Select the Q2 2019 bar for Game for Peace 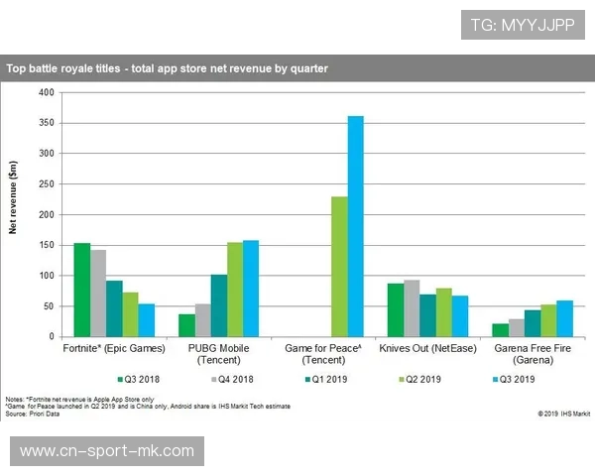pyautogui.click(x=339, y=267)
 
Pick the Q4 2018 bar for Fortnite pyautogui.click(x=98, y=294)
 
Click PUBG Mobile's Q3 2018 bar pyautogui.click(x=186, y=325)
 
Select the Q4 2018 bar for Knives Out pyautogui.click(x=412, y=308)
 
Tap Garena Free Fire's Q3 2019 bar pyautogui.click(x=564, y=318)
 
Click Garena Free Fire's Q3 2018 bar pyautogui.click(x=501, y=330)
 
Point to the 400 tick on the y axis pyautogui.click(x=47, y=92)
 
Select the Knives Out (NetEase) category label pyautogui.click(x=428, y=348)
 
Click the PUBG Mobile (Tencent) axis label pyautogui.click(x=219, y=353)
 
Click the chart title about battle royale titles pyautogui.click(x=168, y=69)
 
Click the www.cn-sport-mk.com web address pyautogui.click(x=107, y=451)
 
